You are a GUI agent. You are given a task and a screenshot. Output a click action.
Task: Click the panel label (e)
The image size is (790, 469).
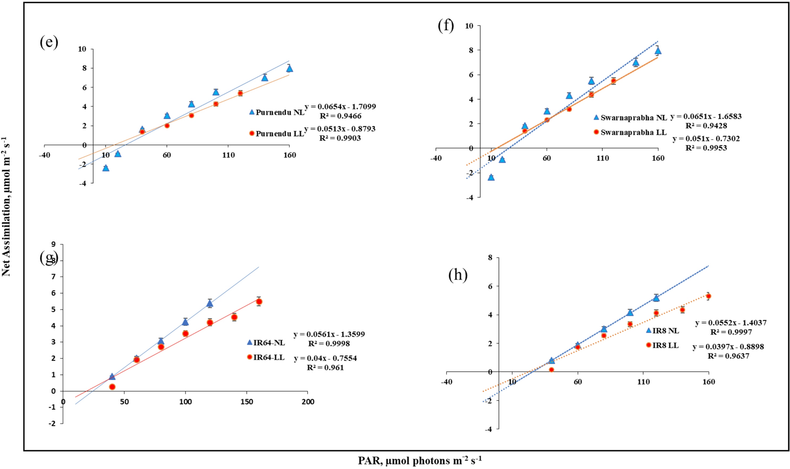[x=49, y=42]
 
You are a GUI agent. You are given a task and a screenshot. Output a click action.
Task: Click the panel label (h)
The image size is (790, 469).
[x=458, y=275]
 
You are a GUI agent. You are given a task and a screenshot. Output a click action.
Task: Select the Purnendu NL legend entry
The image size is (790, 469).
[x=277, y=112]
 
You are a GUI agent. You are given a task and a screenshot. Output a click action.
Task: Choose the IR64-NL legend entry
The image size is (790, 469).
[x=266, y=343]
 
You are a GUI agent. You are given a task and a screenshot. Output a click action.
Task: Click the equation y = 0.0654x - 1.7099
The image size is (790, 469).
[x=340, y=107]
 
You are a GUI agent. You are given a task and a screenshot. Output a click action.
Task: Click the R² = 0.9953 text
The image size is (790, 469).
[x=706, y=148]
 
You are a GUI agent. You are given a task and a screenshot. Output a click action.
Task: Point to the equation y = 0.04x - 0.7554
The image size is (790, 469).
[x=325, y=358]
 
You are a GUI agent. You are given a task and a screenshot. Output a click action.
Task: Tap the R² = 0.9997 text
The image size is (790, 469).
[x=731, y=332]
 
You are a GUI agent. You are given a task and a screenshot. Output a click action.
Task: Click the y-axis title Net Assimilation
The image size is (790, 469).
[x=6, y=207]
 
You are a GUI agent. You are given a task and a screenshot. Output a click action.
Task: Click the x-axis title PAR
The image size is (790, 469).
[x=419, y=460]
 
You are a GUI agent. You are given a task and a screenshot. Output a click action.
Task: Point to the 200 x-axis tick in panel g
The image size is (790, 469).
[x=308, y=402]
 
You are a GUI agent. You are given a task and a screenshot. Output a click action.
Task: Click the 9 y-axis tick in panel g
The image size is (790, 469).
[x=54, y=244]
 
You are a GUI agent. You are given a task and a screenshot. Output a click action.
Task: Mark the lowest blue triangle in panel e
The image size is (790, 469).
[x=105, y=168]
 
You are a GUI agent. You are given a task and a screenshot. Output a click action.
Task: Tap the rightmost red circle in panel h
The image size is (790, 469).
[x=708, y=296]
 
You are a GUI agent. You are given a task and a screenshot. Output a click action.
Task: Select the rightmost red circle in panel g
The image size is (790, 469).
[x=259, y=302]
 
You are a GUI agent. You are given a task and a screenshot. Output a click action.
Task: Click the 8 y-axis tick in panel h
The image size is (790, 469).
[x=490, y=258]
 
